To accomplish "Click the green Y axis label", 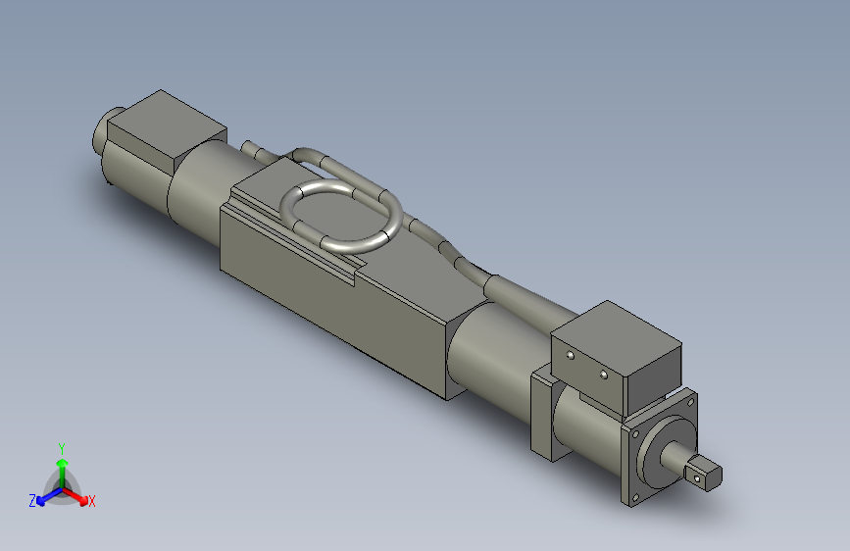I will [61, 446].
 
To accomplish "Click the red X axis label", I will [91, 502].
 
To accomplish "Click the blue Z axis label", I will [32, 501].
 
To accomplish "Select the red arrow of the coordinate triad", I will [77, 494].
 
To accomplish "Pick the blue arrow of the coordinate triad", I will [45, 495].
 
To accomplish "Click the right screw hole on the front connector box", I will [604, 374].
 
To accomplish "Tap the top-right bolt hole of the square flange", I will [692, 400].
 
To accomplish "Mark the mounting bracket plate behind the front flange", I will [542, 412].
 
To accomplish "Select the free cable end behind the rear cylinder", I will [252, 149].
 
